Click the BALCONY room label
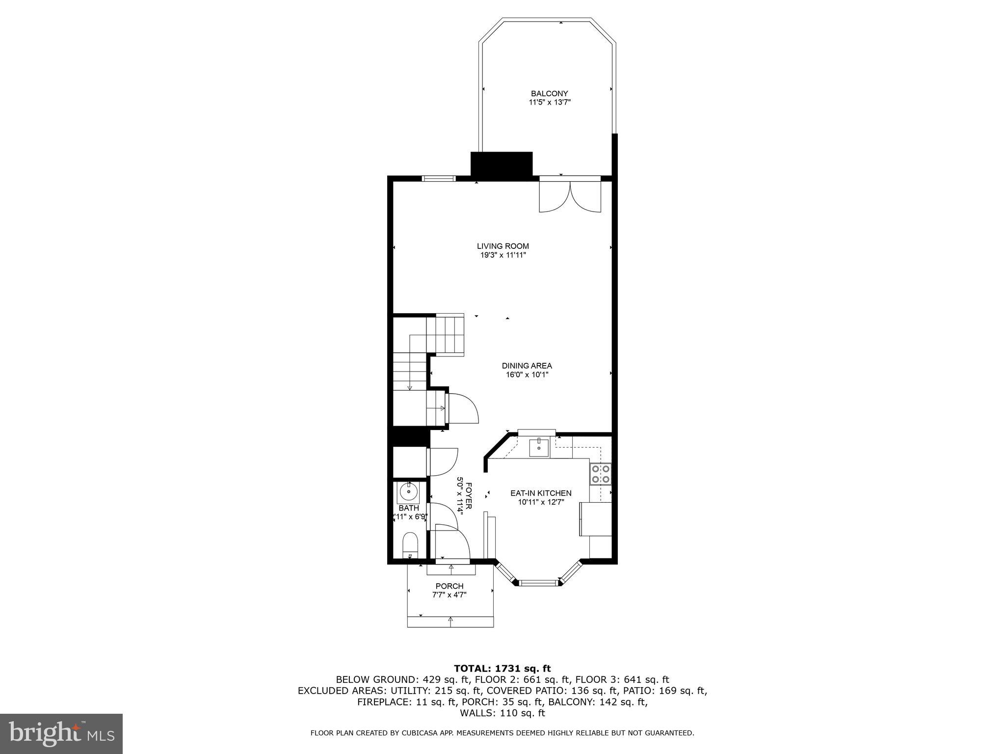tap(549, 93)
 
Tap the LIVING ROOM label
tap(502, 246)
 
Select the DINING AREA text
tap(527, 366)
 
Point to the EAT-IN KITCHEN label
tap(541, 493)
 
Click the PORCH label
tap(449, 586)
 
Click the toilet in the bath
tap(410, 546)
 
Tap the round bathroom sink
tap(408, 490)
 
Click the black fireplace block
tap(502, 164)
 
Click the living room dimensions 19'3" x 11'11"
tap(502, 255)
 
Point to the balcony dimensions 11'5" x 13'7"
tap(549, 103)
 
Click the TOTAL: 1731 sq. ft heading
tap(502, 668)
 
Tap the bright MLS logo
tap(61, 733)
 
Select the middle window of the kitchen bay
tap(538, 583)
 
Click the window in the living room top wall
tap(439, 179)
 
